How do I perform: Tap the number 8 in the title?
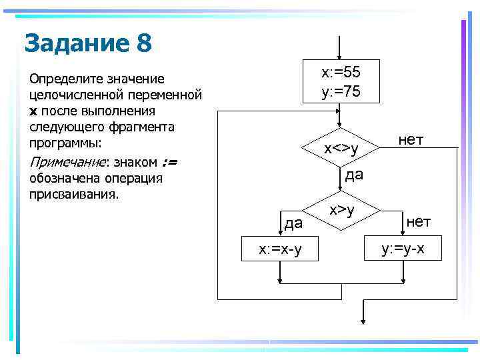click(x=144, y=44)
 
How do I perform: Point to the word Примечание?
click(x=67, y=162)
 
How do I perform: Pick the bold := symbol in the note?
click(x=168, y=162)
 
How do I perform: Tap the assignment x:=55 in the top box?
click(x=340, y=71)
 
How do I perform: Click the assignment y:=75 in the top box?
click(x=340, y=91)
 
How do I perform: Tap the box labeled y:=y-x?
click(x=402, y=249)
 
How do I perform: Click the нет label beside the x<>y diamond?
click(x=411, y=139)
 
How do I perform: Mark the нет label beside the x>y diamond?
click(x=419, y=221)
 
